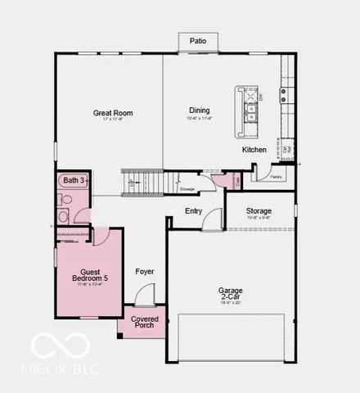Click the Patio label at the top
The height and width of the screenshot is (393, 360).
coord(197,40)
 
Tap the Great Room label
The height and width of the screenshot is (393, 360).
coord(112,113)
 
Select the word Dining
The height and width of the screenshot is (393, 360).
coord(199,111)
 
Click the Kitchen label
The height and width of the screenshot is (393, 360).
coord(254,150)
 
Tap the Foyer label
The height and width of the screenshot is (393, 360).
coord(144,271)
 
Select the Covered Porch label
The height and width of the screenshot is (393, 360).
coord(144,321)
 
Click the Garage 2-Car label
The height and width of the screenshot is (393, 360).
coord(230,294)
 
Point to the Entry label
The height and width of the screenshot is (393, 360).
coord(193,211)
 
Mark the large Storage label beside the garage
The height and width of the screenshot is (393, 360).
coord(259,211)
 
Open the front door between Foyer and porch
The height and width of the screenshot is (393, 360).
coord(144,294)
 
